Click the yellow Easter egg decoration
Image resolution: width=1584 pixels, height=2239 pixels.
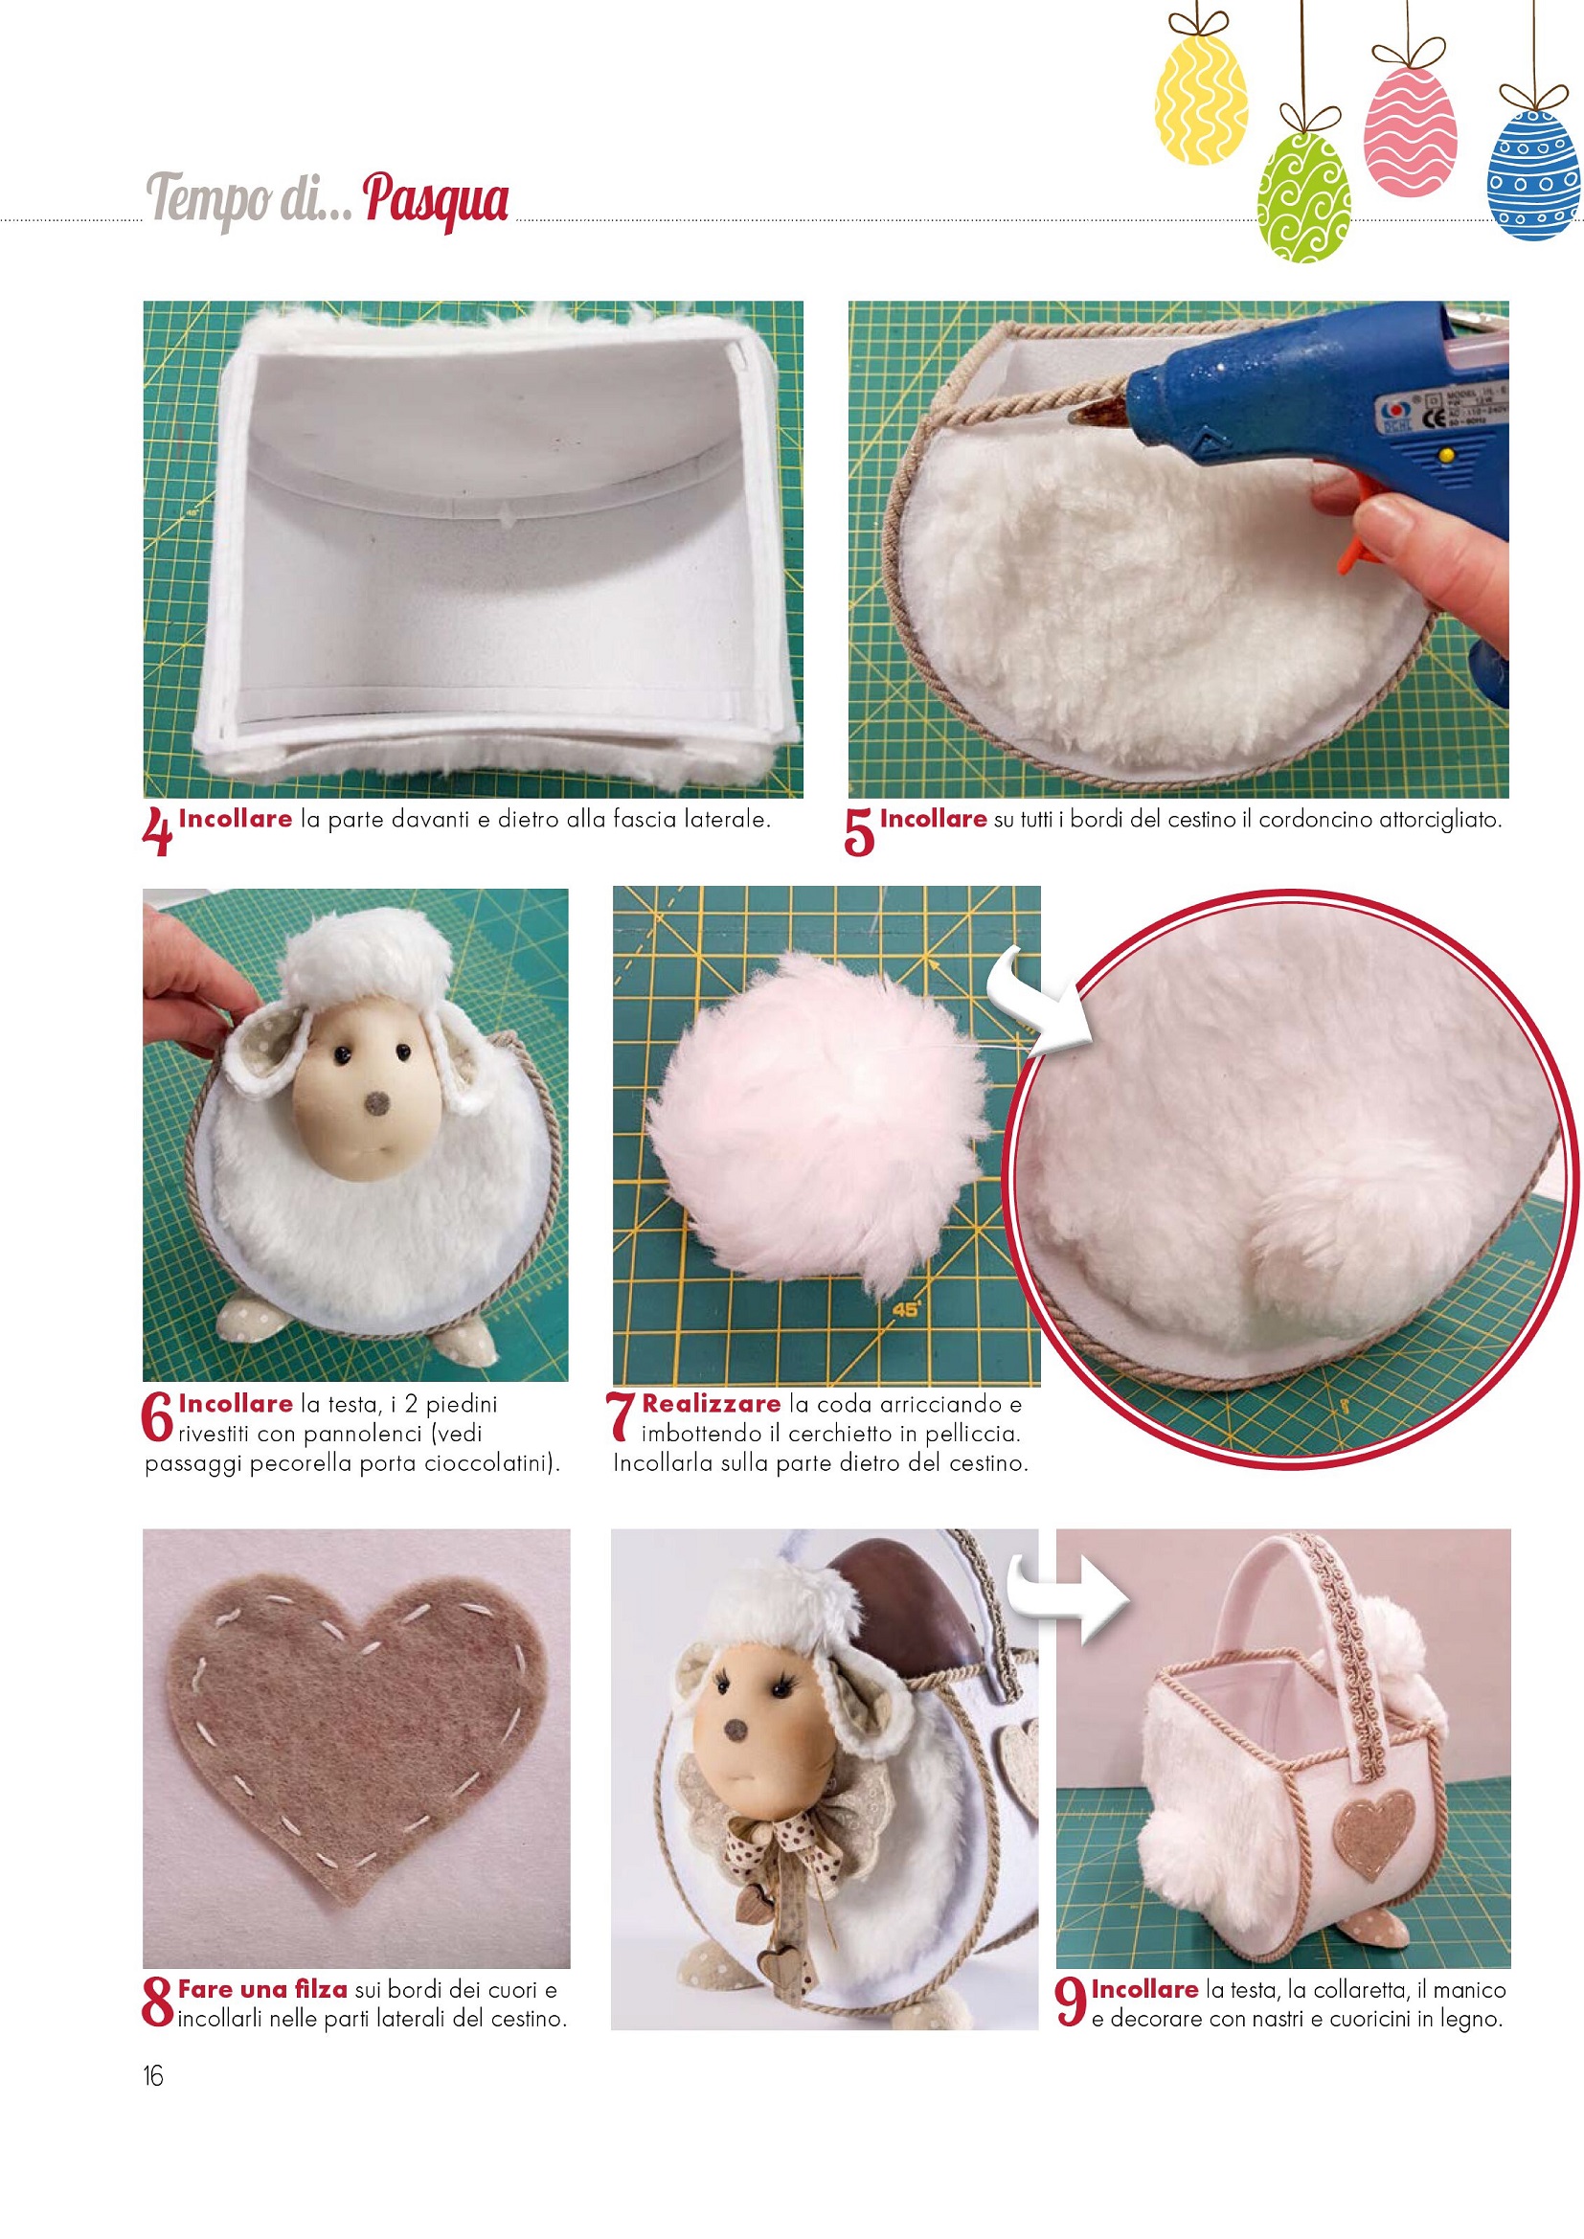point(1201,97)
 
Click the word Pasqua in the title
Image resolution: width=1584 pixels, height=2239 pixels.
point(436,201)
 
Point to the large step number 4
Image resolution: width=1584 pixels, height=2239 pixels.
point(157,831)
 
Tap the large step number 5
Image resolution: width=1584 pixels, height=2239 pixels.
point(859,832)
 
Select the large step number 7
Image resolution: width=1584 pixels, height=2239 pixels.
point(621,1416)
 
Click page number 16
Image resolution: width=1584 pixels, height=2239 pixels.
point(153,2075)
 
